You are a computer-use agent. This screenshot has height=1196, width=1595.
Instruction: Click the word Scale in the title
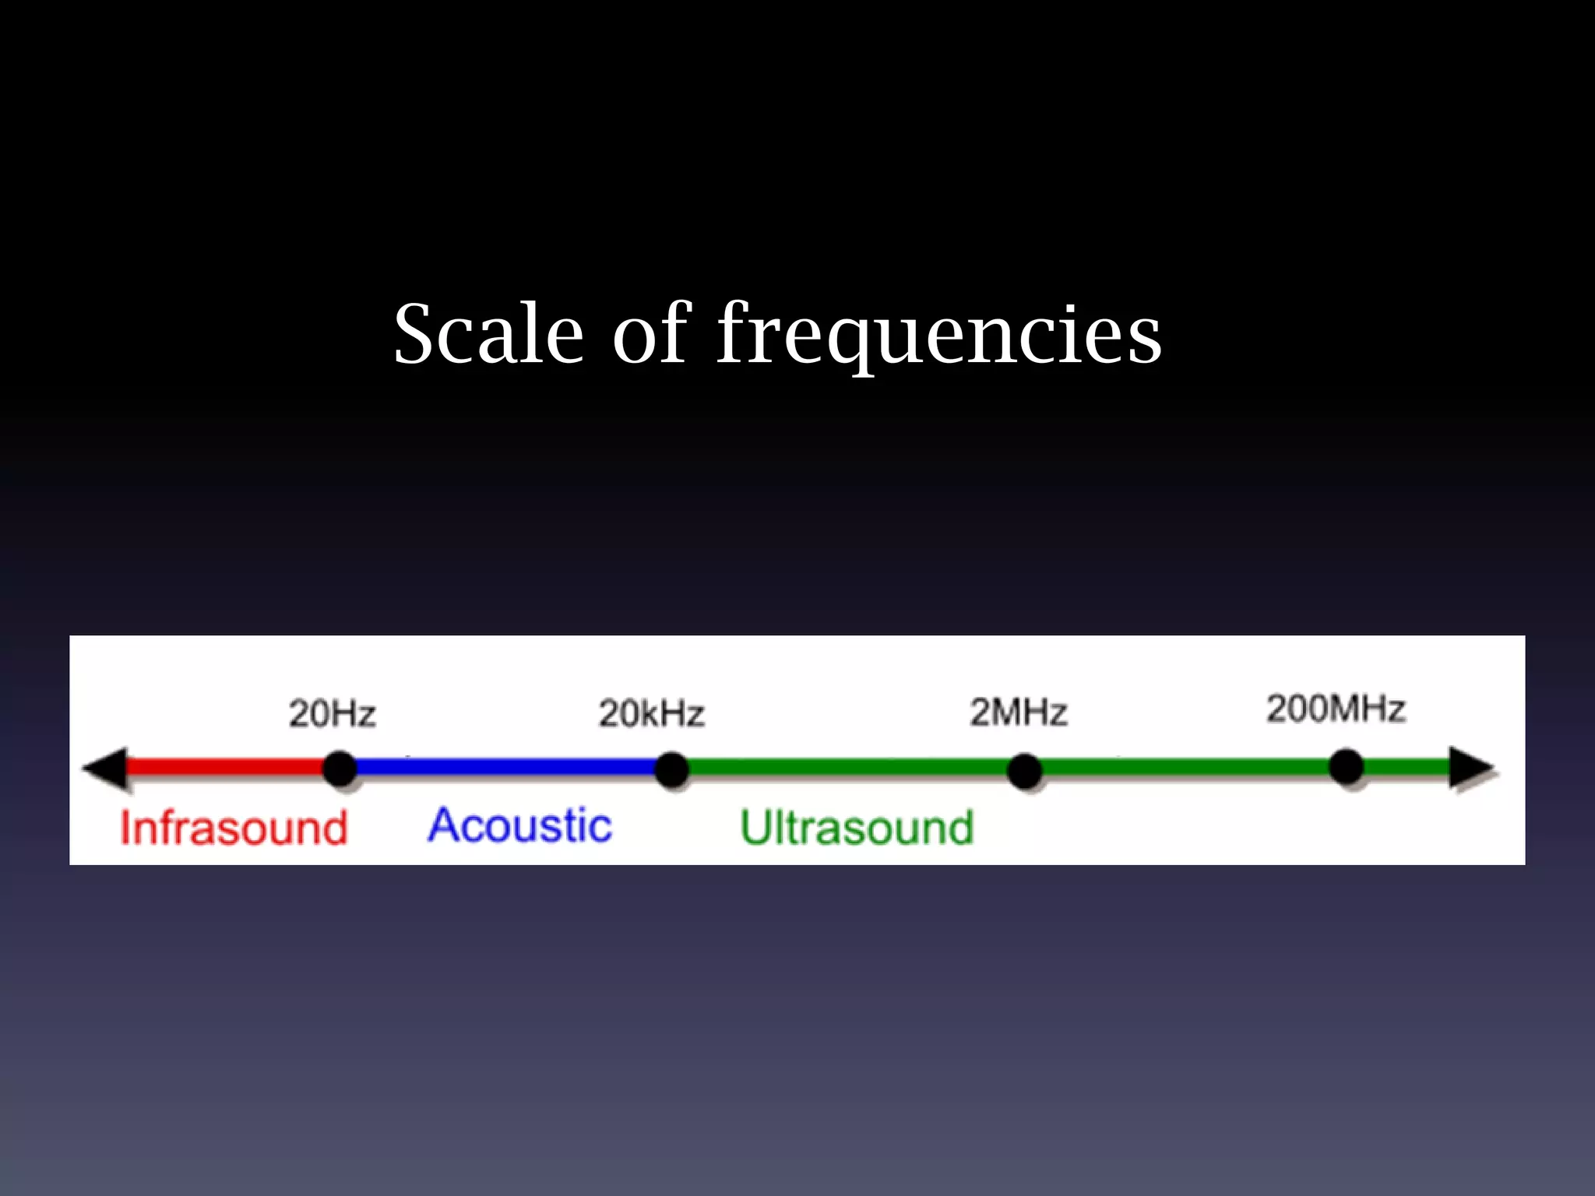click(488, 335)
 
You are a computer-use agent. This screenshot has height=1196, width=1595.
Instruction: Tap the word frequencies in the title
click(938, 335)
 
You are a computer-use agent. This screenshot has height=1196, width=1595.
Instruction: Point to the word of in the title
click(651, 335)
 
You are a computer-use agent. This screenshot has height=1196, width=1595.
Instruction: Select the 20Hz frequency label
click(333, 713)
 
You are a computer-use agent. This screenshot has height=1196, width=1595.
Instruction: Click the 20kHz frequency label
click(652, 713)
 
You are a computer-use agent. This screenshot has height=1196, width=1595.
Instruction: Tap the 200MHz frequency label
click(1336, 709)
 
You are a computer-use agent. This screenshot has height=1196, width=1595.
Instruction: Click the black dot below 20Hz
click(340, 769)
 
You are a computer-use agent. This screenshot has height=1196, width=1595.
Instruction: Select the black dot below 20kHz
click(671, 769)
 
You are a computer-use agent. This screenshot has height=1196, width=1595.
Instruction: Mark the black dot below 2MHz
click(1024, 771)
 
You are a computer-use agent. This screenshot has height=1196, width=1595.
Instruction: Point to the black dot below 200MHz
click(1347, 767)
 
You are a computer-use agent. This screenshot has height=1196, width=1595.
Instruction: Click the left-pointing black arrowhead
click(107, 769)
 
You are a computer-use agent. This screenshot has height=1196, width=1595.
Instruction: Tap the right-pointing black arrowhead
click(1470, 769)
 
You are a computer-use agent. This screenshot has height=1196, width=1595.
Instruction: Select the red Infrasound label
click(234, 828)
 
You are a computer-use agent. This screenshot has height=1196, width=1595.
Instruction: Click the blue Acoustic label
click(520, 825)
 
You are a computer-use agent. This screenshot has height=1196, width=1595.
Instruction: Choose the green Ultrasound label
click(857, 828)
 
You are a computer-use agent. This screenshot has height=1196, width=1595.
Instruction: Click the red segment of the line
click(226, 767)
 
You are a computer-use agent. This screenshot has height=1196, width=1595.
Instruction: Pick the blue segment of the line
click(506, 768)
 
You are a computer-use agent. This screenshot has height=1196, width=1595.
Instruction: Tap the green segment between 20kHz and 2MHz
click(849, 769)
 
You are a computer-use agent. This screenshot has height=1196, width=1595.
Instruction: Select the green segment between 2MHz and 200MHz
click(1184, 769)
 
